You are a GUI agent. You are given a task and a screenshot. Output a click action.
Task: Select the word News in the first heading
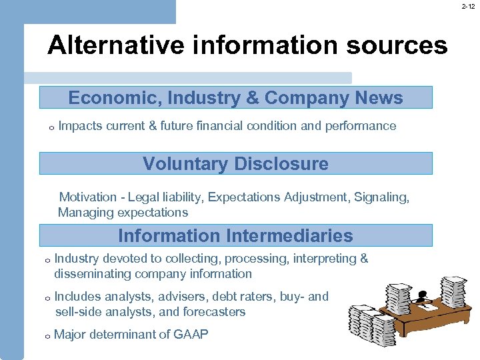[x=379, y=98]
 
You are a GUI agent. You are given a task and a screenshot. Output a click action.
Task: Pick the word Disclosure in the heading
[x=287, y=164]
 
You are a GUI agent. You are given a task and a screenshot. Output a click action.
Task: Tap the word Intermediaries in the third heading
[x=289, y=235]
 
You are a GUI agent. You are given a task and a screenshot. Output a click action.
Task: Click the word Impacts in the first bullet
[x=77, y=126]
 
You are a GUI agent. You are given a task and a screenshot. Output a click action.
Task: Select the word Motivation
[x=88, y=197]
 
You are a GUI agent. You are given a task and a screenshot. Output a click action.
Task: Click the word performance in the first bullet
[x=361, y=126]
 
